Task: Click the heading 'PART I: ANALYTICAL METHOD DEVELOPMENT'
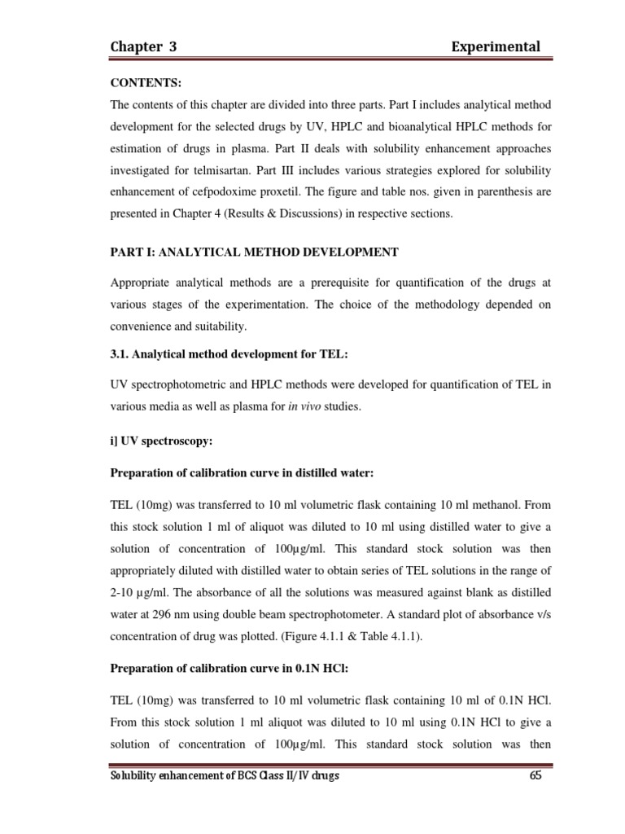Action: pos(254,252)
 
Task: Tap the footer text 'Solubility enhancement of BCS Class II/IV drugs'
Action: pos(225,776)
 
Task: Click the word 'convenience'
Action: pos(144,326)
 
